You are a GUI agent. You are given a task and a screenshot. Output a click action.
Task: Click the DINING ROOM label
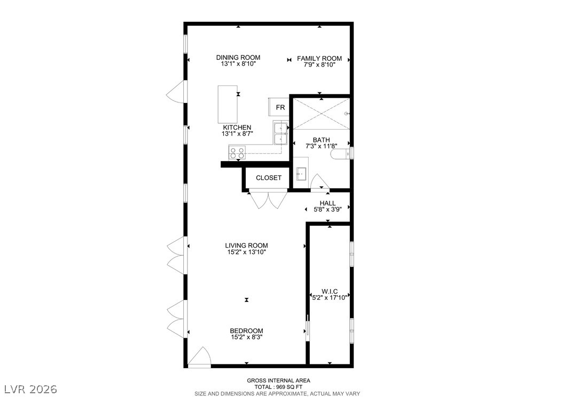click(x=238, y=58)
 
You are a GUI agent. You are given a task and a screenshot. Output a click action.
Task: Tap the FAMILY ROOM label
click(x=319, y=59)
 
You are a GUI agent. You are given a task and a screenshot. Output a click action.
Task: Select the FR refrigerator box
click(x=279, y=107)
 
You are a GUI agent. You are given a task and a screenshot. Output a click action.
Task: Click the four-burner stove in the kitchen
click(x=237, y=154)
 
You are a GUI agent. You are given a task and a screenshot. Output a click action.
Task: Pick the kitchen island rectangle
click(x=228, y=105)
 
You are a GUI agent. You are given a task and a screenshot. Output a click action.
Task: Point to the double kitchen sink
click(x=280, y=133)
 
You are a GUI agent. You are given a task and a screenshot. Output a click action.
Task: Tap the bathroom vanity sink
click(x=301, y=174)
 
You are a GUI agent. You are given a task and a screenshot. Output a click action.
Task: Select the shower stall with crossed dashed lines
click(x=322, y=114)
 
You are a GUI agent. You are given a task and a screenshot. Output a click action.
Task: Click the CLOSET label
click(x=269, y=178)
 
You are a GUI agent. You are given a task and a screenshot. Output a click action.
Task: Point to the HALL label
click(x=327, y=203)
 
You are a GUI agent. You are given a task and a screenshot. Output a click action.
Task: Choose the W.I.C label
click(x=330, y=291)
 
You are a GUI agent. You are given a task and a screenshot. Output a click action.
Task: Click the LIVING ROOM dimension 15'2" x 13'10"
click(x=246, y=252)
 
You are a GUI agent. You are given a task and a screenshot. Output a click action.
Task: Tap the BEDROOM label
click(x=246, y=331)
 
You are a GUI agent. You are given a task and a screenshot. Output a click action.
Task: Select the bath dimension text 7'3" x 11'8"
click(x=321, y=146)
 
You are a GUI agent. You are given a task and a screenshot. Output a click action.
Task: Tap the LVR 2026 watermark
click(x=30, y=389)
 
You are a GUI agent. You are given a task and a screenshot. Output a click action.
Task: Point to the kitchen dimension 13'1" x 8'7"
click(x=237, y=134)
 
